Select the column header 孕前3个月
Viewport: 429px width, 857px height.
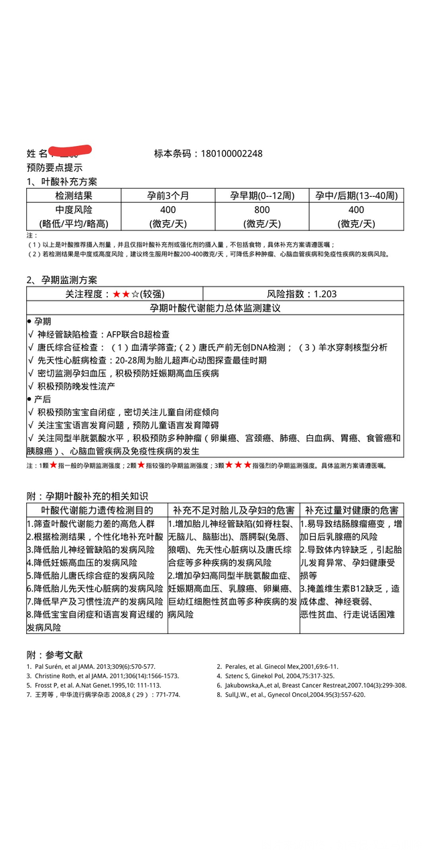[x=168, y=196]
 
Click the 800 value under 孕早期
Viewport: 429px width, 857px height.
[x=262, y=210]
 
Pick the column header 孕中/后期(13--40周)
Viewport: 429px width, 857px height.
[x=357, y=196]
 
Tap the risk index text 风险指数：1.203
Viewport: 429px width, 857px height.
[x=302, y=294]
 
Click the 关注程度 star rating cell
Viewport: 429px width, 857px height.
[x=114, y=294]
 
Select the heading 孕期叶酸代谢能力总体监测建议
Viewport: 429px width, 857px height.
[x=214, y=308]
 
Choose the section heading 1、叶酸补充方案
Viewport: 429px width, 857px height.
[x=62, y=181]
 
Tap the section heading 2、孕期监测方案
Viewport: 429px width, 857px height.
[x=62, y=280]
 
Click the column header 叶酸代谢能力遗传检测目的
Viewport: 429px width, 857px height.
[x=97, y=510]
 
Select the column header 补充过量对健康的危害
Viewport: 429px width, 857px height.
[x=351, y=510]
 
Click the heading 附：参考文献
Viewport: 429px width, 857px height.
[x=55, y=654]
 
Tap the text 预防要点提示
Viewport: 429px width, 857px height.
[x=55, y=167]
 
